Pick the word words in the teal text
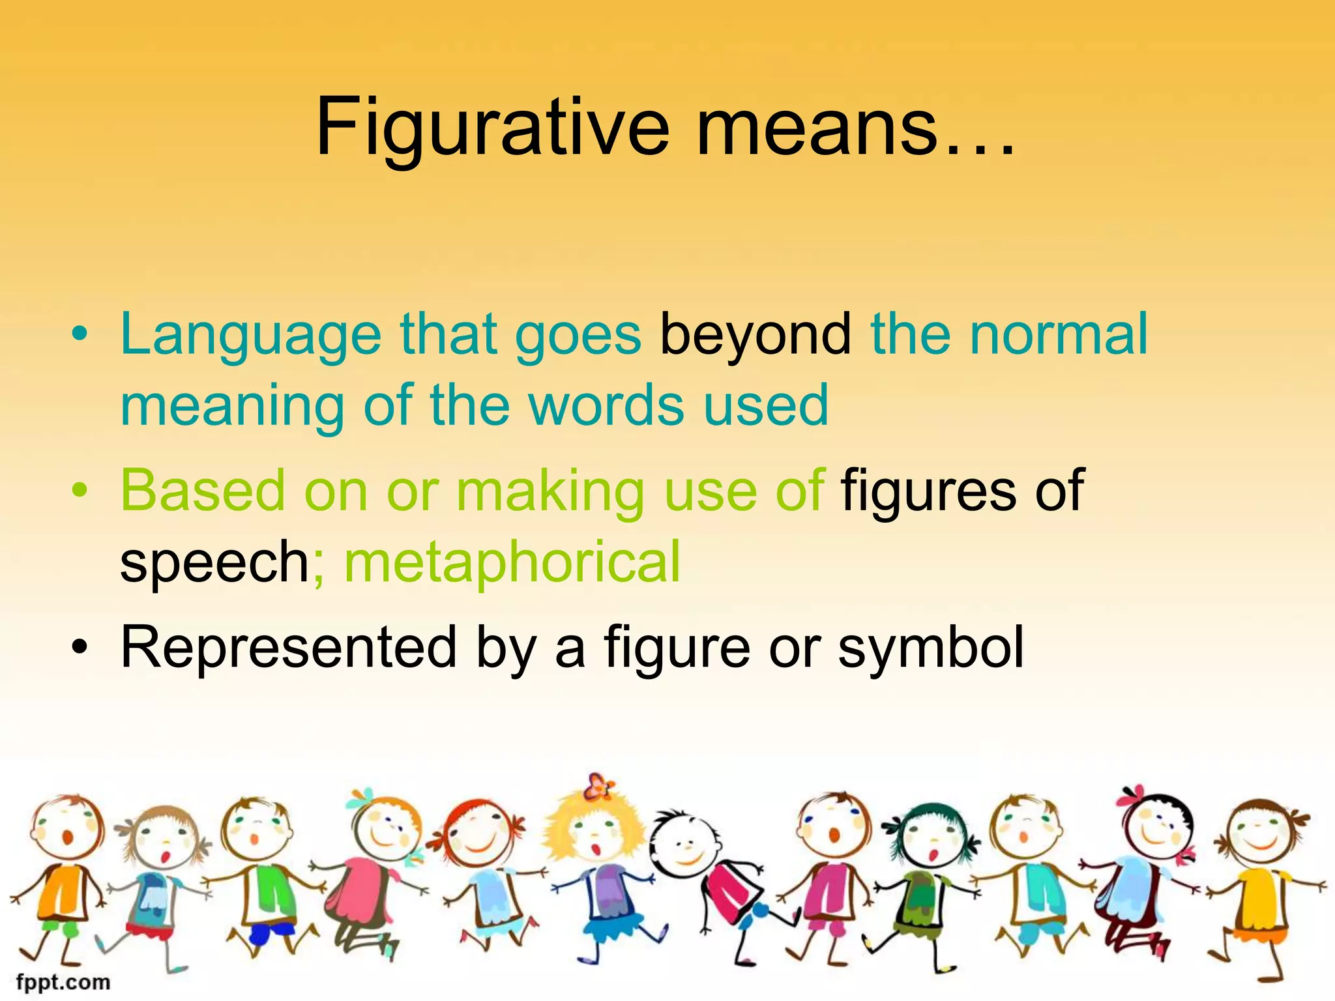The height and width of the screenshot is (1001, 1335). point(606,405)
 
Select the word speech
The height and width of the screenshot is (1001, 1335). point(214,562)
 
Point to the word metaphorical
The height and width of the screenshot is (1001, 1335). point(512,562)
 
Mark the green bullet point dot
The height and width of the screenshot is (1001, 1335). point(80,490)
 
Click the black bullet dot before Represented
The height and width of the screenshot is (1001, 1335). point(80,647)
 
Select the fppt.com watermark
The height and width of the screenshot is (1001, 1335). point(63,981)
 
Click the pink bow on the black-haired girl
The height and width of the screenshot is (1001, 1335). point(1133,794)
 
